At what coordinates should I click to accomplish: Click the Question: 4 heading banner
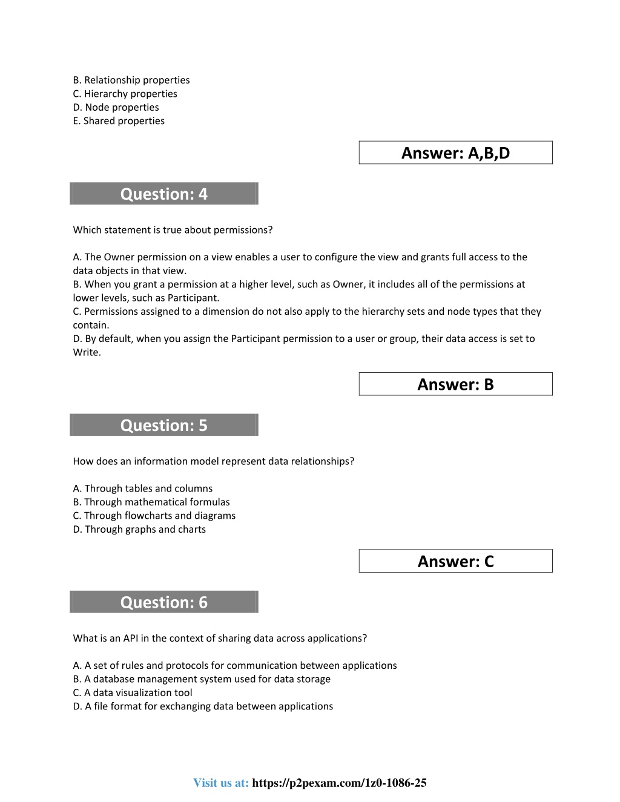tap(164, 194)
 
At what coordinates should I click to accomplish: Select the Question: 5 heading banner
tap(164, 425)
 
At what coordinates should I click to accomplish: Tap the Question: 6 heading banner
tap(164, 602)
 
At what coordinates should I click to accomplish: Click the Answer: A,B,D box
tap(455, 153)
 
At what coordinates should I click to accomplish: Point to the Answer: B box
tap(455, 384)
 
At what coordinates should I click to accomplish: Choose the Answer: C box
tap(455, 561)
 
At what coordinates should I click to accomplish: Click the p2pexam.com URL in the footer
tap(339, 783)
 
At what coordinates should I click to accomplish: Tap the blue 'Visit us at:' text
tap(221, 783)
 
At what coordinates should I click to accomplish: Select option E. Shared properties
tap(119, 121)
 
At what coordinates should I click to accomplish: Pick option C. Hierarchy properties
tap(125, 94)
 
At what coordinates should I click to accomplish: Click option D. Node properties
tap(116, 107)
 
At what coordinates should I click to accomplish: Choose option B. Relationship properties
tap(131, 80)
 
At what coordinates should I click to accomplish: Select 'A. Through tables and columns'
tap(143, 488)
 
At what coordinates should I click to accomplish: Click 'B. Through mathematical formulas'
tap(151, 502)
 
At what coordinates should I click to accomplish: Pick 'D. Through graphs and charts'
tap(139, 529)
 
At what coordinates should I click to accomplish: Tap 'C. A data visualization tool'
tap(133, 692)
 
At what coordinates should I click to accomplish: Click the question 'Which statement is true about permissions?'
tap(173, 230)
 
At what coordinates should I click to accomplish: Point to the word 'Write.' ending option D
tap(87, 352)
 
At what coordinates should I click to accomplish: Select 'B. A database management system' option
tap(202, 679)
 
